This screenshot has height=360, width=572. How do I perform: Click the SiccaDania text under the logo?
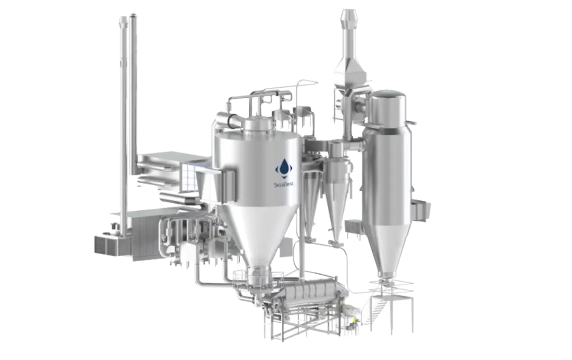click(x=283, y=185)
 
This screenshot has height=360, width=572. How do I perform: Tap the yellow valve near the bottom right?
click(x=354, y=319)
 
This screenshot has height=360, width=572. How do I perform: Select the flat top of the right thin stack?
click(x=133, y=15)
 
